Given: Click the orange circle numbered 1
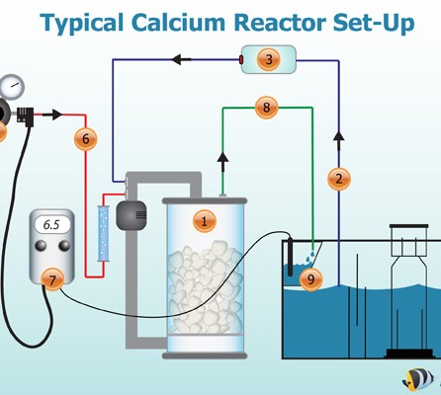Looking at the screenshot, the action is pyautogui.click(x=205, y=221).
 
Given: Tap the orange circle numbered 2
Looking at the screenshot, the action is pyautogui.click(x=339, y=179).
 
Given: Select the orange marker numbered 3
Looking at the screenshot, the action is pyautogui.click(x=269, y=60).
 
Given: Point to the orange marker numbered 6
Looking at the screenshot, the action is pyautogui.click(x=86, y=139).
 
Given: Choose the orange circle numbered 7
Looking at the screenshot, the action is pyautogui.click(x=52, y=279).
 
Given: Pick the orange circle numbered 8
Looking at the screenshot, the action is pyautogui.click(x=266, y=108).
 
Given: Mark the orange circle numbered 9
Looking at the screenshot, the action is pyautogui.click(x=310, y=279).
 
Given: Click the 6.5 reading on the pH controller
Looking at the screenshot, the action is pyautogui.click(x=51, y=225).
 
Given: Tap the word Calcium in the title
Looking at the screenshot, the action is pyautogui.click(x=178, y=23).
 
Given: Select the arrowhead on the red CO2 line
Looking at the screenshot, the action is pyautogui.click(x=55, y=115).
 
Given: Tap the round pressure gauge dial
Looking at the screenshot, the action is pyautogui.click(x=12, y=86).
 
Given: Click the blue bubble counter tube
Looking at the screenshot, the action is pyautogui.click(x=103, y=233).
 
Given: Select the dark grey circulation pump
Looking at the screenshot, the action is pyautogui.click(x=132, y=215).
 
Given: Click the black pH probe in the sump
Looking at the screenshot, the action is pyautogui.click(x=290, y=257).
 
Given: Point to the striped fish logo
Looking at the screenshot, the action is pyautogui.click(x=418, y=378).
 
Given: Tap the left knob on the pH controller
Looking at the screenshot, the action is pyautogui.click(x=41, y=246).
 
